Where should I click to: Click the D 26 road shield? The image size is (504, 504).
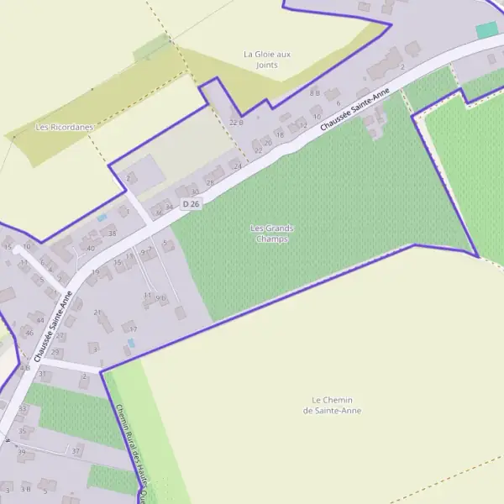tap(193, 204)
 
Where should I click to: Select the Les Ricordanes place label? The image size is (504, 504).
tap(64, 127)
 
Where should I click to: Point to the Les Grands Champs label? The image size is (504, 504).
tap(272, 233)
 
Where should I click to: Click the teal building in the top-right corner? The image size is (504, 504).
tap(486, 30)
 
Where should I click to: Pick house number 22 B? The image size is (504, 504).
tap(235, 123)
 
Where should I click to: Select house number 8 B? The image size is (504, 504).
tap(315, 92)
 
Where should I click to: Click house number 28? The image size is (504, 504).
tap(210, 182)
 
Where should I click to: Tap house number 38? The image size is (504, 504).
tap(112, 233)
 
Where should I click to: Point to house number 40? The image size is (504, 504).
tap(90, 248)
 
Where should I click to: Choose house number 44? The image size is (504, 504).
tap(39, 320)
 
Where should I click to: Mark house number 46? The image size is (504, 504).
tap(29, 333)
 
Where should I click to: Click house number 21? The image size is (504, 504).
tap(97, 312)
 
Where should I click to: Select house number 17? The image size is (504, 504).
tap(133, 329)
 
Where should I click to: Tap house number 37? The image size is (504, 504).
tap(76, 451)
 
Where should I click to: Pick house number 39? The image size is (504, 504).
tap(21, 452)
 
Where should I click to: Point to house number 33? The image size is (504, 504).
tap(23, 408)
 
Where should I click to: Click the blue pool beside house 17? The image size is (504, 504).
tap(131, 343)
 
